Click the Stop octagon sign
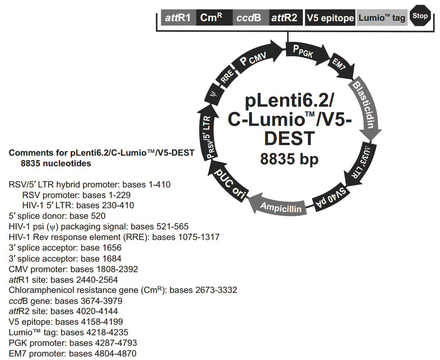pyautogui.click(x=420, y=16)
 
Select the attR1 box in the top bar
pyautogui.click(x=178, y=18)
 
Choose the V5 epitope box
pyautogui.click(x=330, y=18)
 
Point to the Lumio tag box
pyautogui.click(x=382, y=18)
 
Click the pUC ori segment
pyautogui.click(x=231, y=184)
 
